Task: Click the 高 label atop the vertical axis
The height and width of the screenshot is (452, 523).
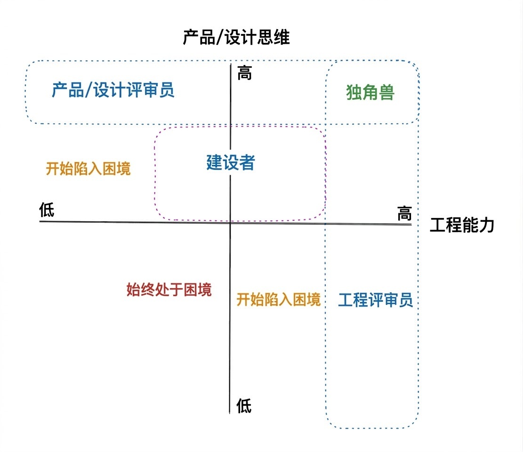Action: pos(244,73)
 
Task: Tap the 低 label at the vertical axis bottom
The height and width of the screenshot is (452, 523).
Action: pos(244,405)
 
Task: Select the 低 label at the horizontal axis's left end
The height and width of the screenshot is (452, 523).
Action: pos(47,210)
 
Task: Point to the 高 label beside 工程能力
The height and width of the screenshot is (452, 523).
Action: pos(404,214)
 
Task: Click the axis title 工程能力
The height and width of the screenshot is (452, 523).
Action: pos(462,226)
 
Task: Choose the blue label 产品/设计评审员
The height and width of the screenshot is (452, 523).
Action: pos(113,89)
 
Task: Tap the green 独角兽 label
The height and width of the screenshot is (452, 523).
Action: pos(370,93)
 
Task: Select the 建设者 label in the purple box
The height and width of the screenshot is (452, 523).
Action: pos(231,162)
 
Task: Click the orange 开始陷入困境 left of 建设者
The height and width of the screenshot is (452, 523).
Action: pos(88,169)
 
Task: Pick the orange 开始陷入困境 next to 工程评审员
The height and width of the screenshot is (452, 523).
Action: pos(278,299)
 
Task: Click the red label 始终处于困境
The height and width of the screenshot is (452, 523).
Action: pos(169,290)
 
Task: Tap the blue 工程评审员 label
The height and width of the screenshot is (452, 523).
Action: pos(375,300)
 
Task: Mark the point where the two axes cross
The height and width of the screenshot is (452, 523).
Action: pos(230,222)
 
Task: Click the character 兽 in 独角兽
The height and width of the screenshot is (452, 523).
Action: pos(386,93)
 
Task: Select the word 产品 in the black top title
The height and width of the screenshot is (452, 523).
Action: pos(198,37)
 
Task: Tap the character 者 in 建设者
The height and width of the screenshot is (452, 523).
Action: pos(247,162)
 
